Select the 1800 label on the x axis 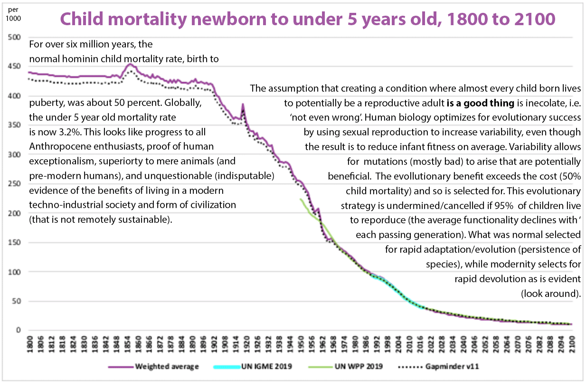29,343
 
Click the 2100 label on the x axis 572,343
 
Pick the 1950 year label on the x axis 301,343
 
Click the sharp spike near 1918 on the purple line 243,105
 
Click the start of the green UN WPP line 301,199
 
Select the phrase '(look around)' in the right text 551,293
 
